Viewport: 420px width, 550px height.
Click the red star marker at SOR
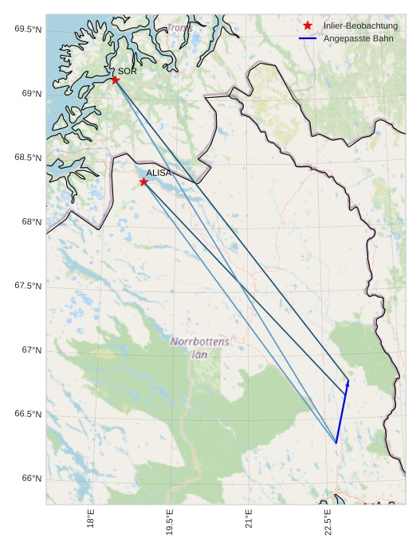(116, 80)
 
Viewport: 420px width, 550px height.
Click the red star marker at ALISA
(143, 181)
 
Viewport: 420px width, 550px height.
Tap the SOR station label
(128, 71)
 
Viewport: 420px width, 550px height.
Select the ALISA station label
(159, 173)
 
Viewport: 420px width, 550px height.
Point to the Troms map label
(179, 29)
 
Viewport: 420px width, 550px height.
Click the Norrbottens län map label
(200, 348)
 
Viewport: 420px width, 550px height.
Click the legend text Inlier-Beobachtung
(360, 26)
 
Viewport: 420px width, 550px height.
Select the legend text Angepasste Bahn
(359, 38)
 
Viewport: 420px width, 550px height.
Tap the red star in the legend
(308, 26)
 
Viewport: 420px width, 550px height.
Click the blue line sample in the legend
(308, 38)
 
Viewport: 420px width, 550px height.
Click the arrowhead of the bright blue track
(347, 382)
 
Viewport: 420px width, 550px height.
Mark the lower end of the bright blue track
(336, 443)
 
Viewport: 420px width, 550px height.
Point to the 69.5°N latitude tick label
(28, 29)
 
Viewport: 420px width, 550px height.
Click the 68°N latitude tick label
(30, 222)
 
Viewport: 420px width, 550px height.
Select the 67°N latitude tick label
(30, 350)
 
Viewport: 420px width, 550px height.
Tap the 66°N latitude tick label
(30, 478)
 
